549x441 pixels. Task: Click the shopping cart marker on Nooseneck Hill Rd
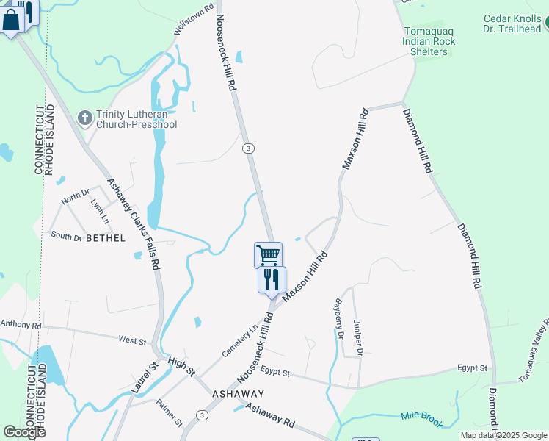269,255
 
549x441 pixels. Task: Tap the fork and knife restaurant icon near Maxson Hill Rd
272,279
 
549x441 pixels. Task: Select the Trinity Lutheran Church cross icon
85,118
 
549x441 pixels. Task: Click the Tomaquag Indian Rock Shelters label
429,41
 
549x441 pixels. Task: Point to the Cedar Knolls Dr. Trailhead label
512,24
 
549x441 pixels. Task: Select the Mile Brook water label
422,417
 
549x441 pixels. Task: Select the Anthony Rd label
21,324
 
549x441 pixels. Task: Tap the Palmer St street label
170,413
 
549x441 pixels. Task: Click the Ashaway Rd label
269,417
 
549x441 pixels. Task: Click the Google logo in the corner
24,432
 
